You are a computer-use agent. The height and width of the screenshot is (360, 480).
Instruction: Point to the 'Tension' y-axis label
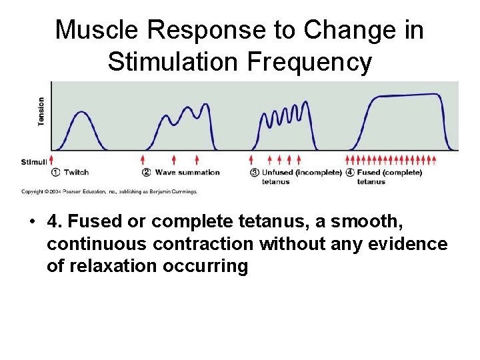[x=41, y=112]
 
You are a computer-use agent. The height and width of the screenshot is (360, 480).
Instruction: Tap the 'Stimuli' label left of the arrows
[x=33, y=161]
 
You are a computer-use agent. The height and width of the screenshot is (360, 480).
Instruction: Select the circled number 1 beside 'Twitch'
[x=56, y=172]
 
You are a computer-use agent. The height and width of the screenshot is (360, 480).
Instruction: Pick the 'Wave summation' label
[x=187, y=172]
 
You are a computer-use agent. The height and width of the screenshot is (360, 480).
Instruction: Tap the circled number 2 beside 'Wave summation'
[x=147, y=172]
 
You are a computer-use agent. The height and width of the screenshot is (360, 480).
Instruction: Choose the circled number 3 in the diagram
[x=254, y=172]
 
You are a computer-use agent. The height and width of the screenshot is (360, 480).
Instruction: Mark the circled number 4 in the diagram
[x=350, y=172]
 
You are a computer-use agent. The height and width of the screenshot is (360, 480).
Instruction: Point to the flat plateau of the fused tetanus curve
[x=407, y=96]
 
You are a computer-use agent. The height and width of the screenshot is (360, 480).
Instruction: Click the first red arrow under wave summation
[x=143, y=160]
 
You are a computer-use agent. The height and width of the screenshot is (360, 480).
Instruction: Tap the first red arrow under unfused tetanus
[x=251, y=160]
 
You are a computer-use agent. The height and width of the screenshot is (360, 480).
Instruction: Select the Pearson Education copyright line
[x=109, y=192]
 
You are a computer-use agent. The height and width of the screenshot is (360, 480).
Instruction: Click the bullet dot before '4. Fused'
[x=32, y=222]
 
